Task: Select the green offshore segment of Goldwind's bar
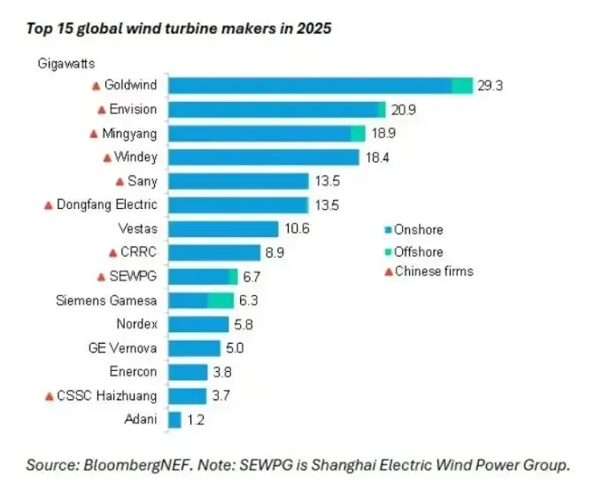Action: (462, 85)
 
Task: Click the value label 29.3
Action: (491, 86)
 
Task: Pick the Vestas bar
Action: (223, 228)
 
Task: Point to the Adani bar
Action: (174, 419)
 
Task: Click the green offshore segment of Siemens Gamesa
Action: (220, 300)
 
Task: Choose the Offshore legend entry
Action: (418, 252)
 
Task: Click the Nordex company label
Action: (136, 323)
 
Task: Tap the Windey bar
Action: (263, 157)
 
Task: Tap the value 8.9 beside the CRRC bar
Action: (276, 252)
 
